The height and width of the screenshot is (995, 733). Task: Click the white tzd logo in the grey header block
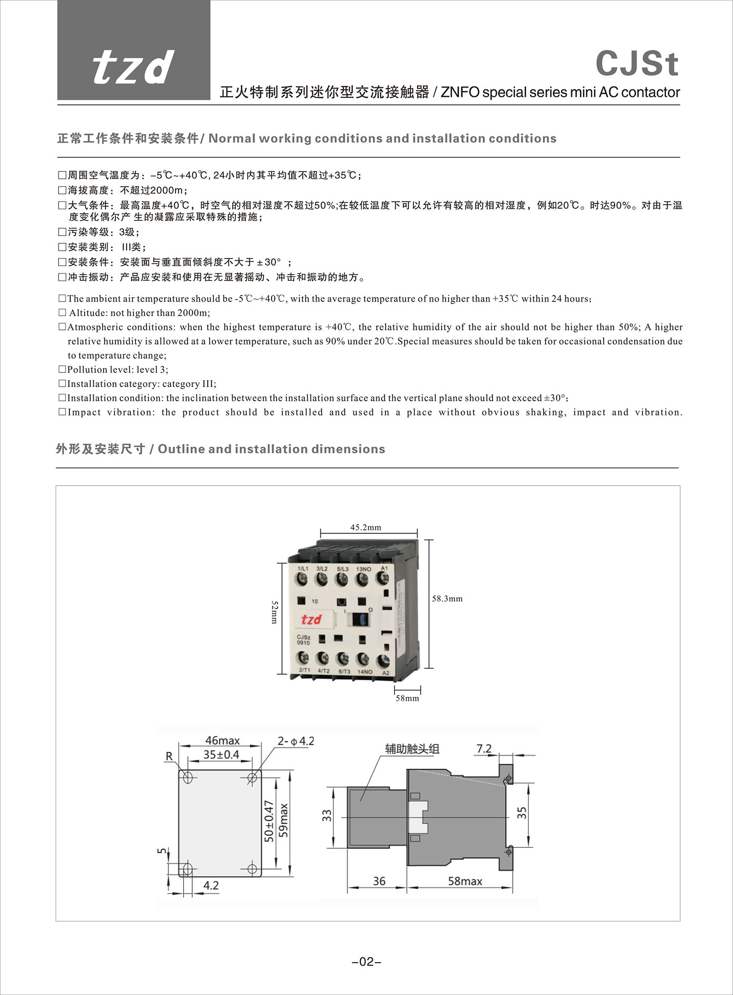[133, 67]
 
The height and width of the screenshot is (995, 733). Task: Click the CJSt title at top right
[637, 64]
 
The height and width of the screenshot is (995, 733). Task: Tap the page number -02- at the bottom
[366, 962]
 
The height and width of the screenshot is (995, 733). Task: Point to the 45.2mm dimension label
[366, 527]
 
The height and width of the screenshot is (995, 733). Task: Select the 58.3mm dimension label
[447, 599]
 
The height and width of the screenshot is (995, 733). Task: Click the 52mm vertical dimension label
[274, 612]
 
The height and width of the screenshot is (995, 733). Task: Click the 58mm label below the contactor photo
[407, 698]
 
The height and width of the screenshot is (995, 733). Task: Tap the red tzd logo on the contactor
[311, 620]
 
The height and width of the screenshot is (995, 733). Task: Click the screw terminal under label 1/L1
[302, 580]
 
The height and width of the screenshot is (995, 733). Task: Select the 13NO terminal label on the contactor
[363, 569]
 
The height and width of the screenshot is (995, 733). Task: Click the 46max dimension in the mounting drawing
[222, 741]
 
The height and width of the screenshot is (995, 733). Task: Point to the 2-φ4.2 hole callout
[296, 741]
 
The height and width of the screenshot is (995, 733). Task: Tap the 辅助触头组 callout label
[412, 749]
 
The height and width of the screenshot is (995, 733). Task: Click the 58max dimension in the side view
[465, 881]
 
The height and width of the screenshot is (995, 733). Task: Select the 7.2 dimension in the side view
[484, 749]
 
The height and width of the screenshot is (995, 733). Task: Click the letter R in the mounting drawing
[169, 756]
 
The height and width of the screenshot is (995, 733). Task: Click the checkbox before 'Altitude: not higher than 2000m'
[62, 313]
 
